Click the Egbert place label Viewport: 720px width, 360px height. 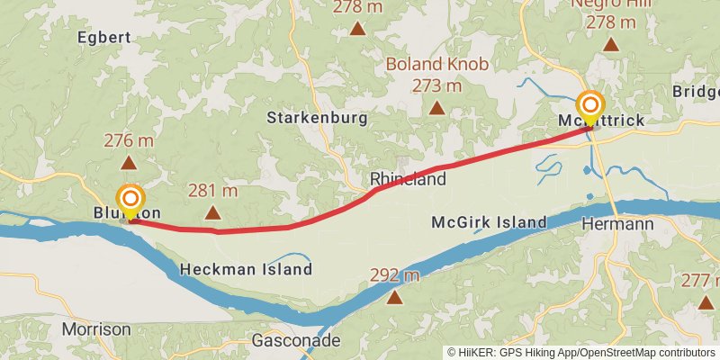104,37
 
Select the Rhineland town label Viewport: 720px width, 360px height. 408,179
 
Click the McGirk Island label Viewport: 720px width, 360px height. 489,222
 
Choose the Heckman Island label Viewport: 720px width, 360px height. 246,269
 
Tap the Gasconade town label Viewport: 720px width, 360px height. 295,341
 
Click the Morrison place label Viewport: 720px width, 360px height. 96,329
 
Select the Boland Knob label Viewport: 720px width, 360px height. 436,64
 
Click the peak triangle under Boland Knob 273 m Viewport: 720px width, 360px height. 436,108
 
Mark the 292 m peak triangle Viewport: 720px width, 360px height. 394,296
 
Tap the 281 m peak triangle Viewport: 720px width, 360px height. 212,213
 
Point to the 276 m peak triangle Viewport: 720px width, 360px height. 129,163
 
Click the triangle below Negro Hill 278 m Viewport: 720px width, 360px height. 611,44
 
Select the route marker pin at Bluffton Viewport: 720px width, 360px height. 130,201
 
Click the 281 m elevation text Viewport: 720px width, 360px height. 212,191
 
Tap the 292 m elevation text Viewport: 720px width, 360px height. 394,274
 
